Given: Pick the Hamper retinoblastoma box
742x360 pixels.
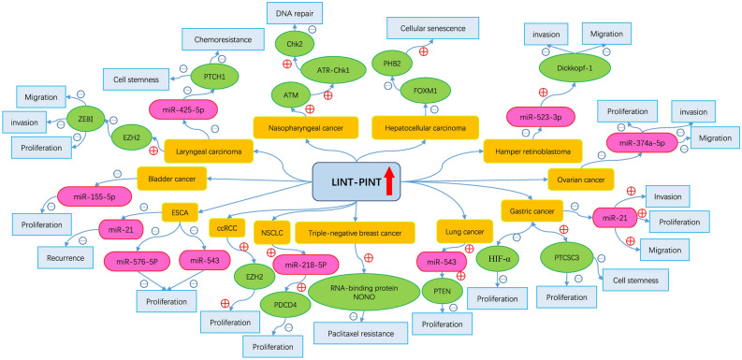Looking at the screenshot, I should pyautogui.click(x=528, y=148).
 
